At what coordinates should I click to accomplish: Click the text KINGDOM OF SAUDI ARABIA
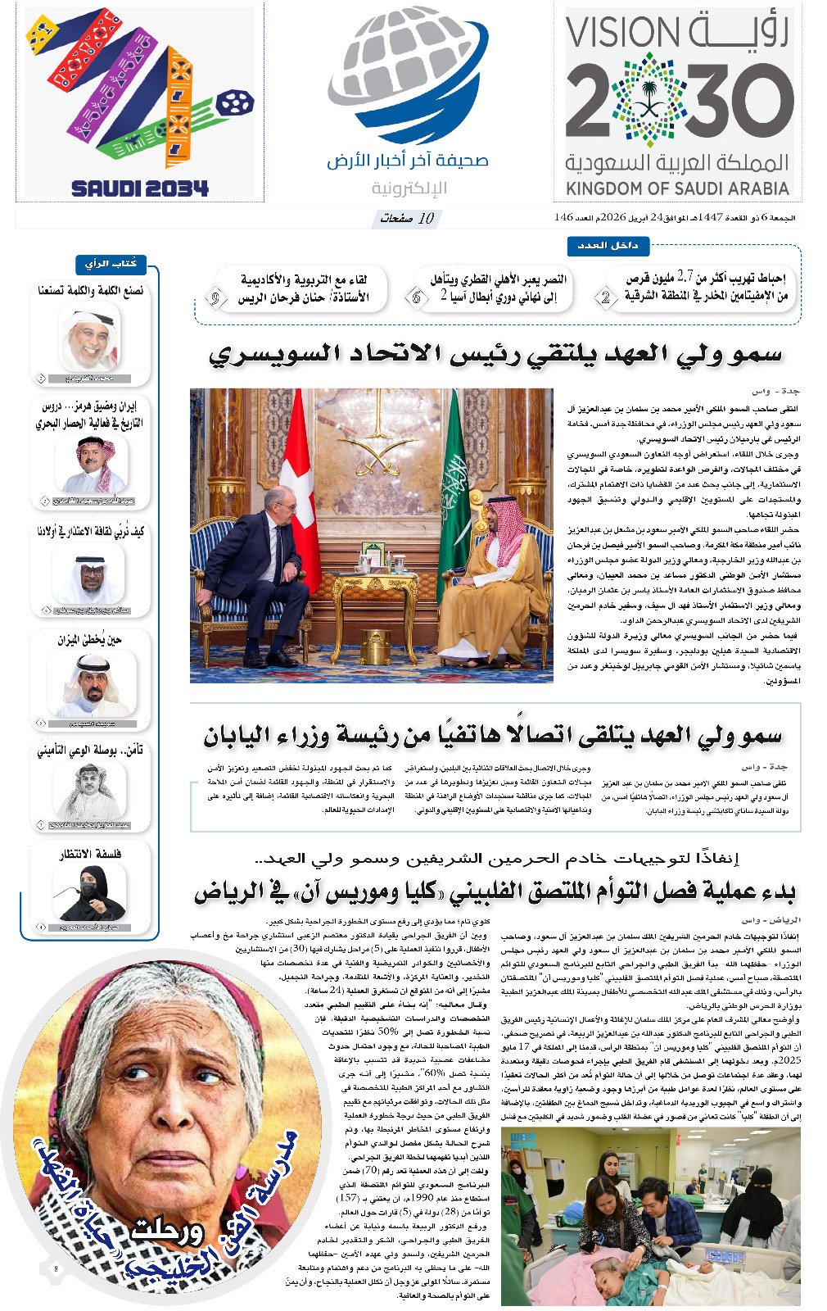pyautogui.click(x=678, y=188)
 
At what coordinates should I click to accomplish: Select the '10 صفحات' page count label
pyautogui.click(x=407, y=219)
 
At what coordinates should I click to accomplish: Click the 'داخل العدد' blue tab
pyautogui.click(x=608, y=245)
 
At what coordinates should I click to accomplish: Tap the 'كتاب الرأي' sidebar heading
pyautogui.click(x=111, y=264)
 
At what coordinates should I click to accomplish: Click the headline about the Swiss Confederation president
pyautogui.click(x=495, y=354)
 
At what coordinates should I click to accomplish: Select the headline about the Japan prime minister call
pyautogui.click(x=492, y=736)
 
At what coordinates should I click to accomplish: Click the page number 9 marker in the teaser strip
pyautogui.click(x=215, y=298)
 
